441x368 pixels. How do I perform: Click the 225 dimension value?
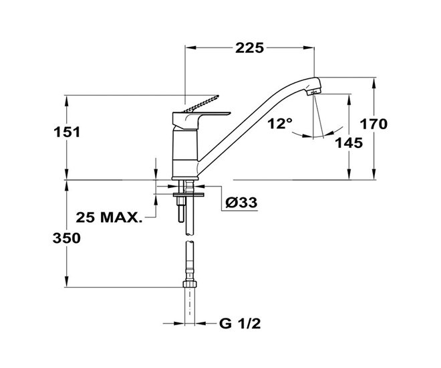[x=249, y=48]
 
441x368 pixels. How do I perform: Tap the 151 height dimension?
[x=67, y=132]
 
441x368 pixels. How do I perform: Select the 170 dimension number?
[x=374, y=124]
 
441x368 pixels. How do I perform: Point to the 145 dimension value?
[x=349, y=143]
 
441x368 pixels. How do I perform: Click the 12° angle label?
[x=280, y=124]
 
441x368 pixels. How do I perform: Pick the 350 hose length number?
[x=67, y=238]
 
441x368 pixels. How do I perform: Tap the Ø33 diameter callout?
[x=241, y=202]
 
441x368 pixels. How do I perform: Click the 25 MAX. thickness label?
[x=109, y=217]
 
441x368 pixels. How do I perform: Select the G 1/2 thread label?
[x=240, y=324]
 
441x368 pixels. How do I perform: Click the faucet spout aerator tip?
[x=314, y=92]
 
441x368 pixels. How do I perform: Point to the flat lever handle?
[x=201, y=118]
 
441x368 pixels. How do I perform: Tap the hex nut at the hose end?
[x=190, y=284]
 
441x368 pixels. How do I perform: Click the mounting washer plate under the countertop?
[x=188, y=195]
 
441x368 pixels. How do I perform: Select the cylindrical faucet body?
[x=185, y=154]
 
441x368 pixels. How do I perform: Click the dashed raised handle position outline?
[x=201, y=104]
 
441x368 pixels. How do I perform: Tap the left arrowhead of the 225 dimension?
[x=190, y=48]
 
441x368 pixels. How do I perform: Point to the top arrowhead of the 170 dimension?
[x=374, y=82]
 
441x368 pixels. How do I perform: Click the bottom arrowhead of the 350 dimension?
[x=67, y=282]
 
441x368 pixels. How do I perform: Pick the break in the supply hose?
[x=190, y=238]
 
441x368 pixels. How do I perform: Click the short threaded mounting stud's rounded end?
[x=180, y=220]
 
